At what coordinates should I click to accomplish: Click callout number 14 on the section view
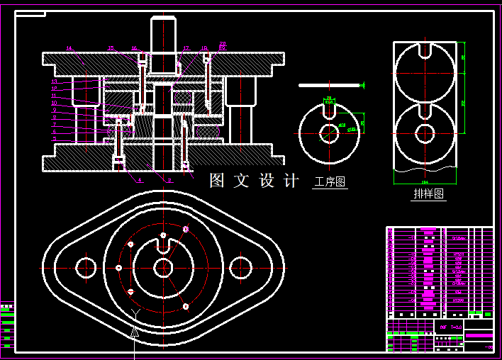pos(69,48)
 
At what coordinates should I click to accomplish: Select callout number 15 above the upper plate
pos(111,48)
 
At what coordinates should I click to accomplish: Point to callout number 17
pos(186,48)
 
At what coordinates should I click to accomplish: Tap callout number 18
pos(204,48)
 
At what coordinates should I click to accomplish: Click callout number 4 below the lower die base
pos(140,180)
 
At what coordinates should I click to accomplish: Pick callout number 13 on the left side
pos(54,81)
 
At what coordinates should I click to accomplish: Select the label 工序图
pos(330,182)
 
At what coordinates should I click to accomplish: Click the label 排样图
pos(429,193)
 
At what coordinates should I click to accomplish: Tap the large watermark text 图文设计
pos(254,181)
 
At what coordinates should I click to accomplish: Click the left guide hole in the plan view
pos(86,266)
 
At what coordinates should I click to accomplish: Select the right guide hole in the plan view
pos(240,266)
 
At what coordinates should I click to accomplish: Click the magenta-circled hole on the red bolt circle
pos(186,229)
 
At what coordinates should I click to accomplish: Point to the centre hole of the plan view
pos(163,267)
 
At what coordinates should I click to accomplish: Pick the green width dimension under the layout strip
pos(425,182)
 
